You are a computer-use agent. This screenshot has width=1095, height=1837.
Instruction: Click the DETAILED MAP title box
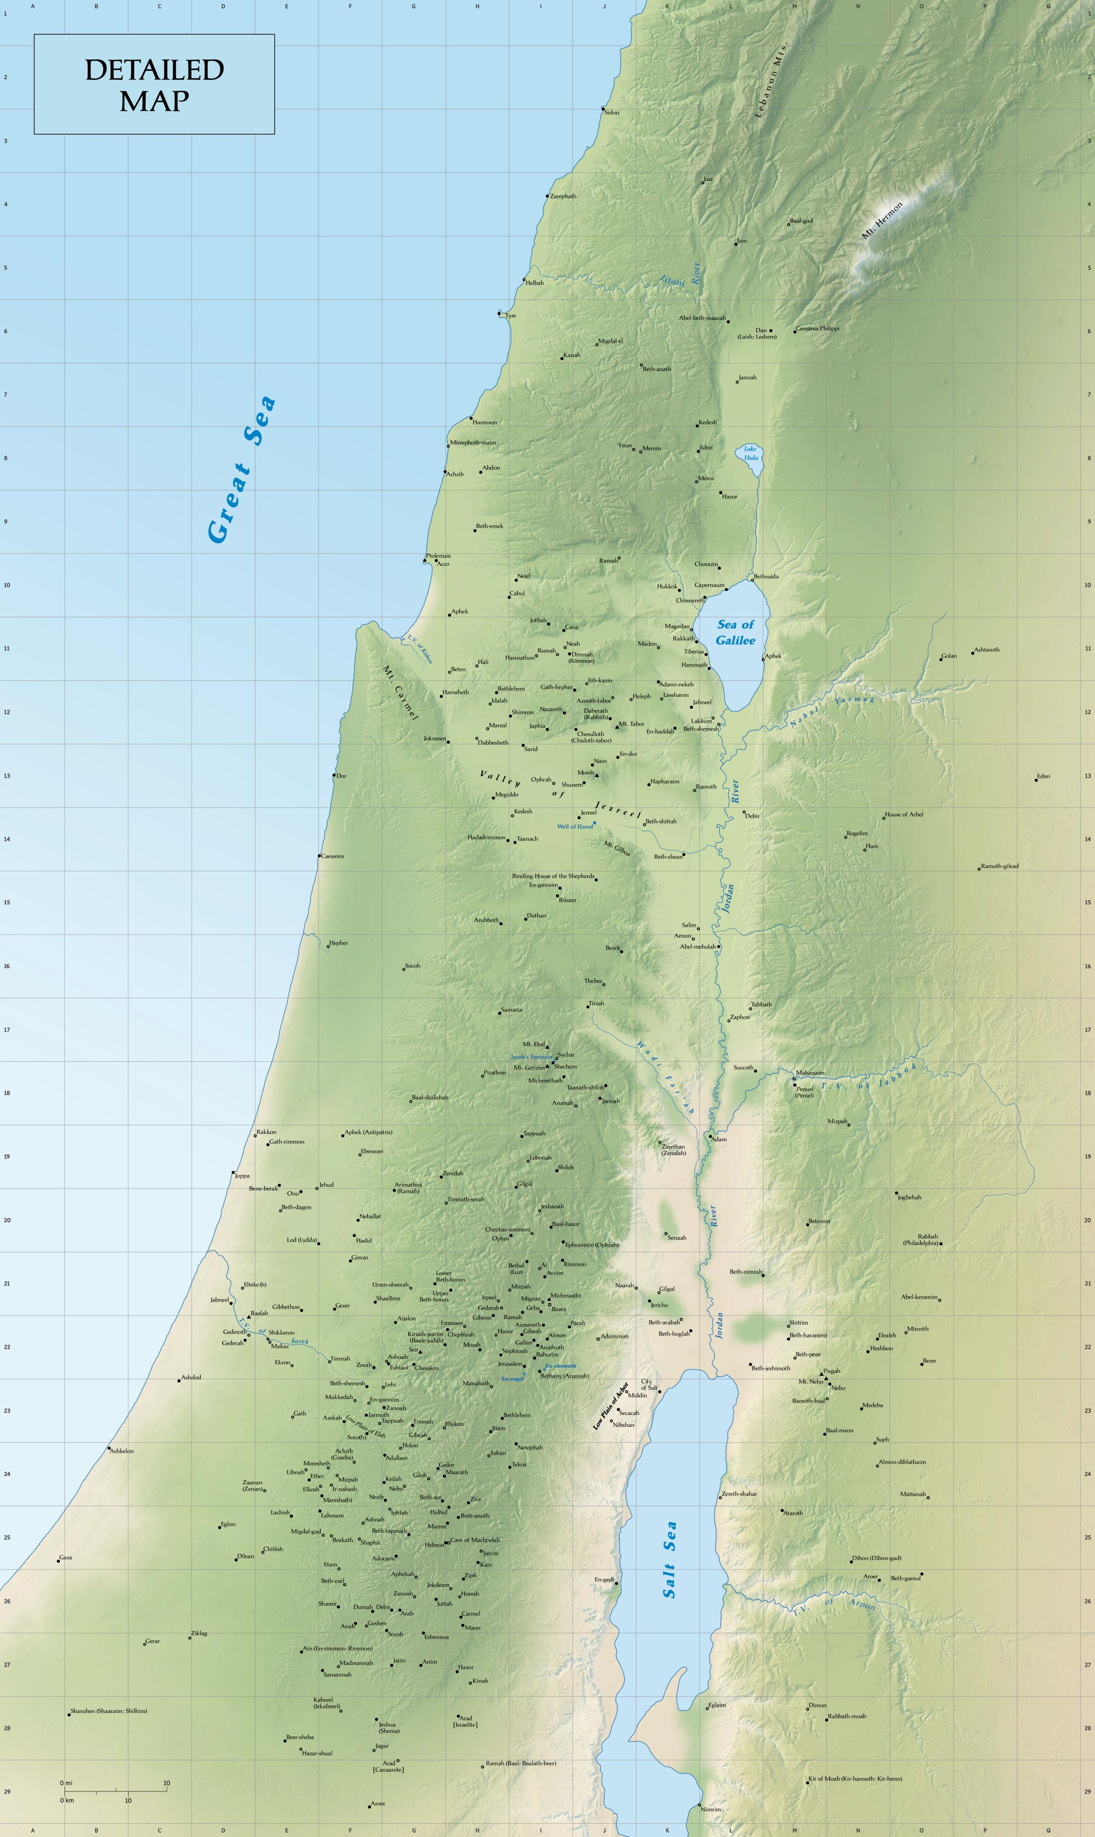(x=154, y=84)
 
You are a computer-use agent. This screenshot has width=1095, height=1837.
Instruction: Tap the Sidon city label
(x=612, y=113)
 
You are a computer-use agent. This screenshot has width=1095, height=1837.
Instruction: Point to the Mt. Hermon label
(x=882, y=221)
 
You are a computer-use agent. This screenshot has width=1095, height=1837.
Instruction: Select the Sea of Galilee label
(x=735, y=632)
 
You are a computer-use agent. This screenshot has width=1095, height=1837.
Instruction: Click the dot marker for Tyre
(x=499, y=313)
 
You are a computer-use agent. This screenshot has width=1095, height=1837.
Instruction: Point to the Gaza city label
(x=66, y=1557)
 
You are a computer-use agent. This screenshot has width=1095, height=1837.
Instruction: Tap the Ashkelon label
(x=122, y=1451)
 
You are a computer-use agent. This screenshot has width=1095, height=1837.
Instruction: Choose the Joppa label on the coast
(x=242, y=1176)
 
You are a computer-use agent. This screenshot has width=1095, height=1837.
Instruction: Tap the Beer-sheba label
(x=300, y=1738)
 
